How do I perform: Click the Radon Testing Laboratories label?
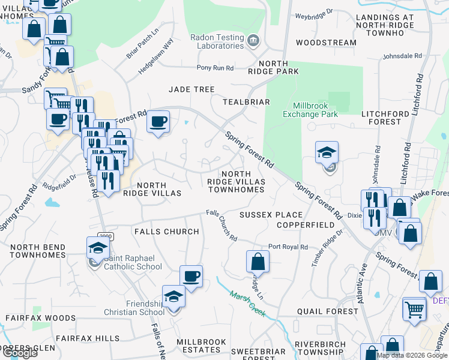click(x=217, y=41)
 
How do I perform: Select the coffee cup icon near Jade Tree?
click(x=158, y=122)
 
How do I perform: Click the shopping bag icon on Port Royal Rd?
click(x=258, y=261)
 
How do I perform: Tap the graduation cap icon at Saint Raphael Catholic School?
click(x=97, y=247)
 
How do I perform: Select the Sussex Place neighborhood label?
click(x=271, y=215)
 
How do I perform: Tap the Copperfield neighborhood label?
click(x=305, y=224)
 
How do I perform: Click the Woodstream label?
click(x=326, y=43)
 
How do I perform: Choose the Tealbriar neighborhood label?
click(x=246, y=102)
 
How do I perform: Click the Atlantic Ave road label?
click(x=362, y=286)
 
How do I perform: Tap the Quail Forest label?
click(x=328, y=311)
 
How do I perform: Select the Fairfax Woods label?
click(x=41, y=318)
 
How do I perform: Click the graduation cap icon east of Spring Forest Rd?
click(x=327, y=153)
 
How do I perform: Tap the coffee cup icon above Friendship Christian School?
click(x=191, y=276)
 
